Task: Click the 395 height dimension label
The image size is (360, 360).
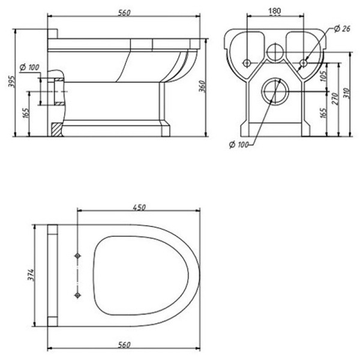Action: (x=11, y=81)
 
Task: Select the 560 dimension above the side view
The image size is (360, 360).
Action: (x=124, y=13)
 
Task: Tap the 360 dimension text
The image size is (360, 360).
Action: (x=202, y=86)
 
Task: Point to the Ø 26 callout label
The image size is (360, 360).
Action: (x=342, y=29)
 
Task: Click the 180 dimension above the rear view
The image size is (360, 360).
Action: (x=275, y=11)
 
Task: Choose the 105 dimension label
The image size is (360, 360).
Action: (x=323, y=76)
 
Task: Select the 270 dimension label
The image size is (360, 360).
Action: (x=335, y=99)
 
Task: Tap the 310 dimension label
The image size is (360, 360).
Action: (x=347, y=93)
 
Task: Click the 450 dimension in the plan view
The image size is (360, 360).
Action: (x=139, y=208)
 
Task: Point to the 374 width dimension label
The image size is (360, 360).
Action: (x=31, y=275)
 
